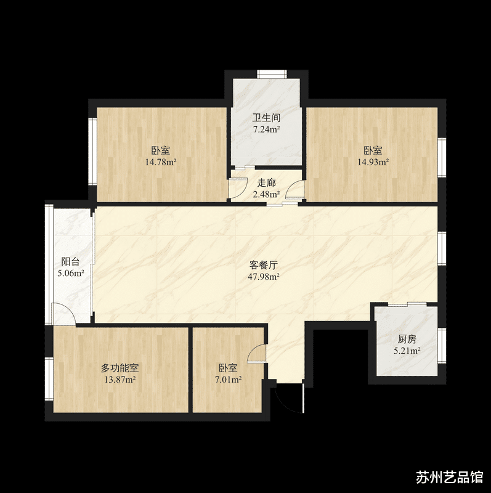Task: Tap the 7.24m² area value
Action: pyautogui.click(x=266, y=130)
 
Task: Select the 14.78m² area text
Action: pyautogui.click(x=161, y=163)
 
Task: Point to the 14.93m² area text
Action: pyautogui.click(x=373, y=163)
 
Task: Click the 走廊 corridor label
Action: pyautogui.click(x=266, y=183)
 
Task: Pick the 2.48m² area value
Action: pyautogui.click(x=266, y=194)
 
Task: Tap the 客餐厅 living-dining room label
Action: pyautogui.click(x=264, y=265)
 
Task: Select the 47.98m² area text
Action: pyautogui.click(x=264, y=277)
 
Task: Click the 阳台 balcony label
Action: pyautogui.click(x=71, y=261)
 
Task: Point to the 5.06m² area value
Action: pyautogui.click(x=71, y=273)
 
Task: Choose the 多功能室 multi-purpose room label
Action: pyautogui.click(x=120, y=369)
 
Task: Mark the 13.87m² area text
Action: pyautogui.click(x=120, y=380)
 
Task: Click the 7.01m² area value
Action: pyautogui.click(x=228, y=380)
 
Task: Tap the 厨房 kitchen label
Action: pyautogui.click(x=407, y=340)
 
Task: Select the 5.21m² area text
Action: pyautogui.click(x=407, y=351)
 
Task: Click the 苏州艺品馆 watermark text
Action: pyautogui.click(x=449, y=478)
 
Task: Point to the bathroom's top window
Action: pyautogui.click(x=272, y=75)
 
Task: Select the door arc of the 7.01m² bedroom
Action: pyautogui.click(x=256, y=354)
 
